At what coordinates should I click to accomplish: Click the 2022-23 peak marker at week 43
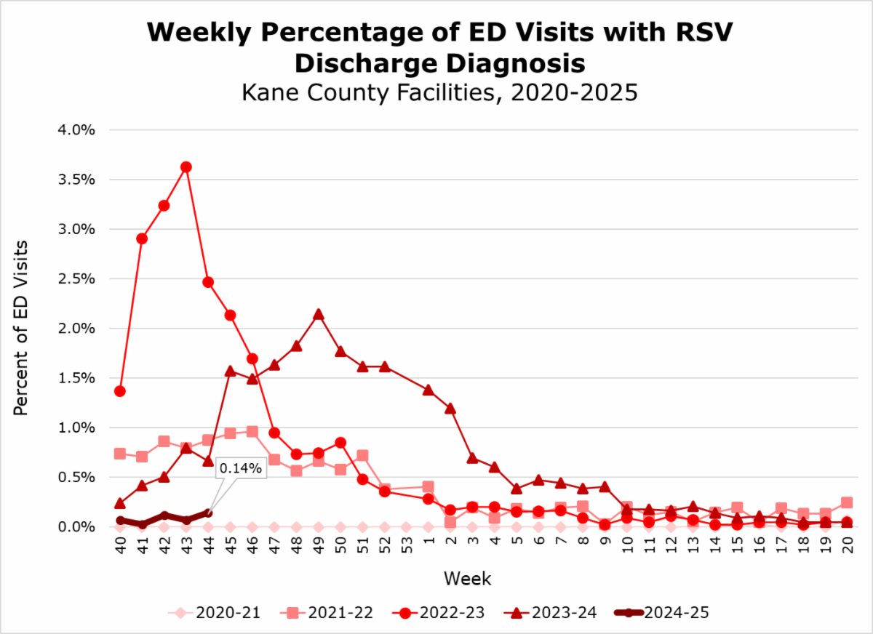[x=186, y=166]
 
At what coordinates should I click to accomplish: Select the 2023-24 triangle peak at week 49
[x=318, y=314]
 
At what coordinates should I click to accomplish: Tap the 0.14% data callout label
[x=240, y=469]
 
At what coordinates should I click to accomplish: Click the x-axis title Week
[x=468, y=579]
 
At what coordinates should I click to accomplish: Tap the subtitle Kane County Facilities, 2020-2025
[x=440, y=93]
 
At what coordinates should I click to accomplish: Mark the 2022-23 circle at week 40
[x=120, y=391]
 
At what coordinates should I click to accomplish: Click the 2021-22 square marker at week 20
[x=847, y=502]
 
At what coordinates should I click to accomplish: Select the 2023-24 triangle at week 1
[x=428, y=390]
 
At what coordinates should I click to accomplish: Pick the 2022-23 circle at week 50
[x=340, y=443]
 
